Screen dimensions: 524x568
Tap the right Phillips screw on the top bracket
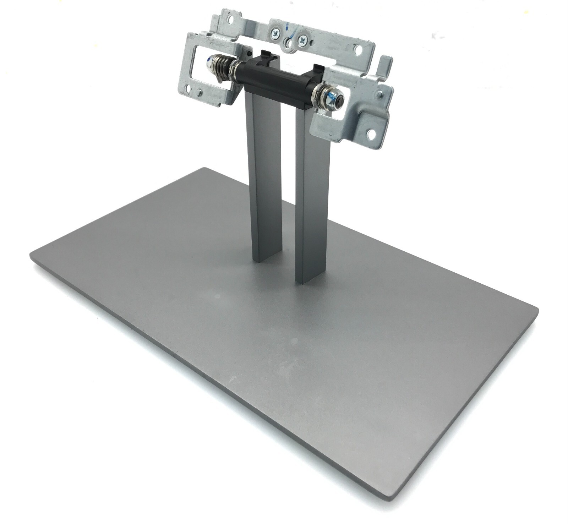point(302,39)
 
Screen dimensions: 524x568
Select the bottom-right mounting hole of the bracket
point(371,133)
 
